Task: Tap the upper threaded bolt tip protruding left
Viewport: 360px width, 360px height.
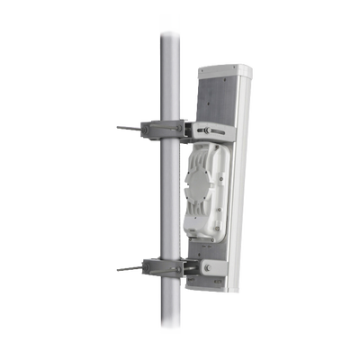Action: (x=121, y=127)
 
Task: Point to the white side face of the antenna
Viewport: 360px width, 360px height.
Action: (x=239, y=180)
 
